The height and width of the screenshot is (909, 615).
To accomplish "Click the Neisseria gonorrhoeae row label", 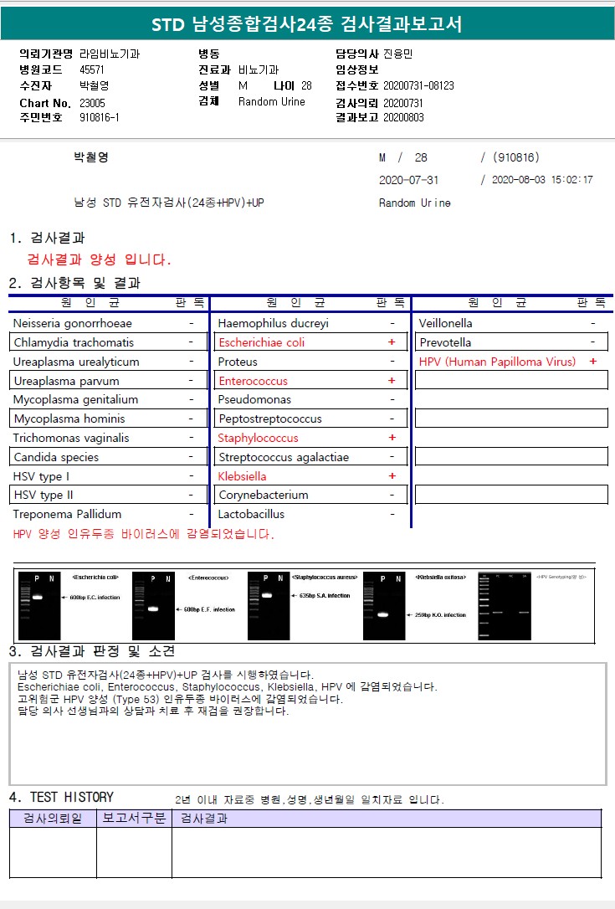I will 73,323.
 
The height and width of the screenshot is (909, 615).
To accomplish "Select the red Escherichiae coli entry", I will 261,342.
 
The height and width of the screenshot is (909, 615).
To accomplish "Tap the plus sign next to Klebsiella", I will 392,476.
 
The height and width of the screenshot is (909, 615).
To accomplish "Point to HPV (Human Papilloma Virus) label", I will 497,362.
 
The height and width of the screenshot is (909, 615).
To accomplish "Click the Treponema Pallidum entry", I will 67,514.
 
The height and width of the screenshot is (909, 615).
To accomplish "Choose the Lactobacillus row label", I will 251,514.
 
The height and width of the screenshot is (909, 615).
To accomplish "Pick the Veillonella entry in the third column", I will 446,323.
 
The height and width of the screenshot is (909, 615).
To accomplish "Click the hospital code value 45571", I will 92,69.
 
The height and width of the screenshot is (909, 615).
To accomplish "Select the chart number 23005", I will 92,102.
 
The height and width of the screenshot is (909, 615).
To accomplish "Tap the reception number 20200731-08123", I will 418,85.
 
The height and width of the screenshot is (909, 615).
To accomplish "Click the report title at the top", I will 306,25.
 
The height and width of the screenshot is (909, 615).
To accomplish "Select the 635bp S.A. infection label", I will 324,596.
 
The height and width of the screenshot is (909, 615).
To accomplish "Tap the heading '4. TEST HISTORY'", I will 61,797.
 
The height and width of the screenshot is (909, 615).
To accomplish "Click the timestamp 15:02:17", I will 568,180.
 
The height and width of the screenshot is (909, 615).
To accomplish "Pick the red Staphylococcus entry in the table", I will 258,438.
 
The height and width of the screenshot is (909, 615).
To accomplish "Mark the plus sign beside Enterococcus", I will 392,381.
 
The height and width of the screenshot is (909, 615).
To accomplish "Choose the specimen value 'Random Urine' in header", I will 272,102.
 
